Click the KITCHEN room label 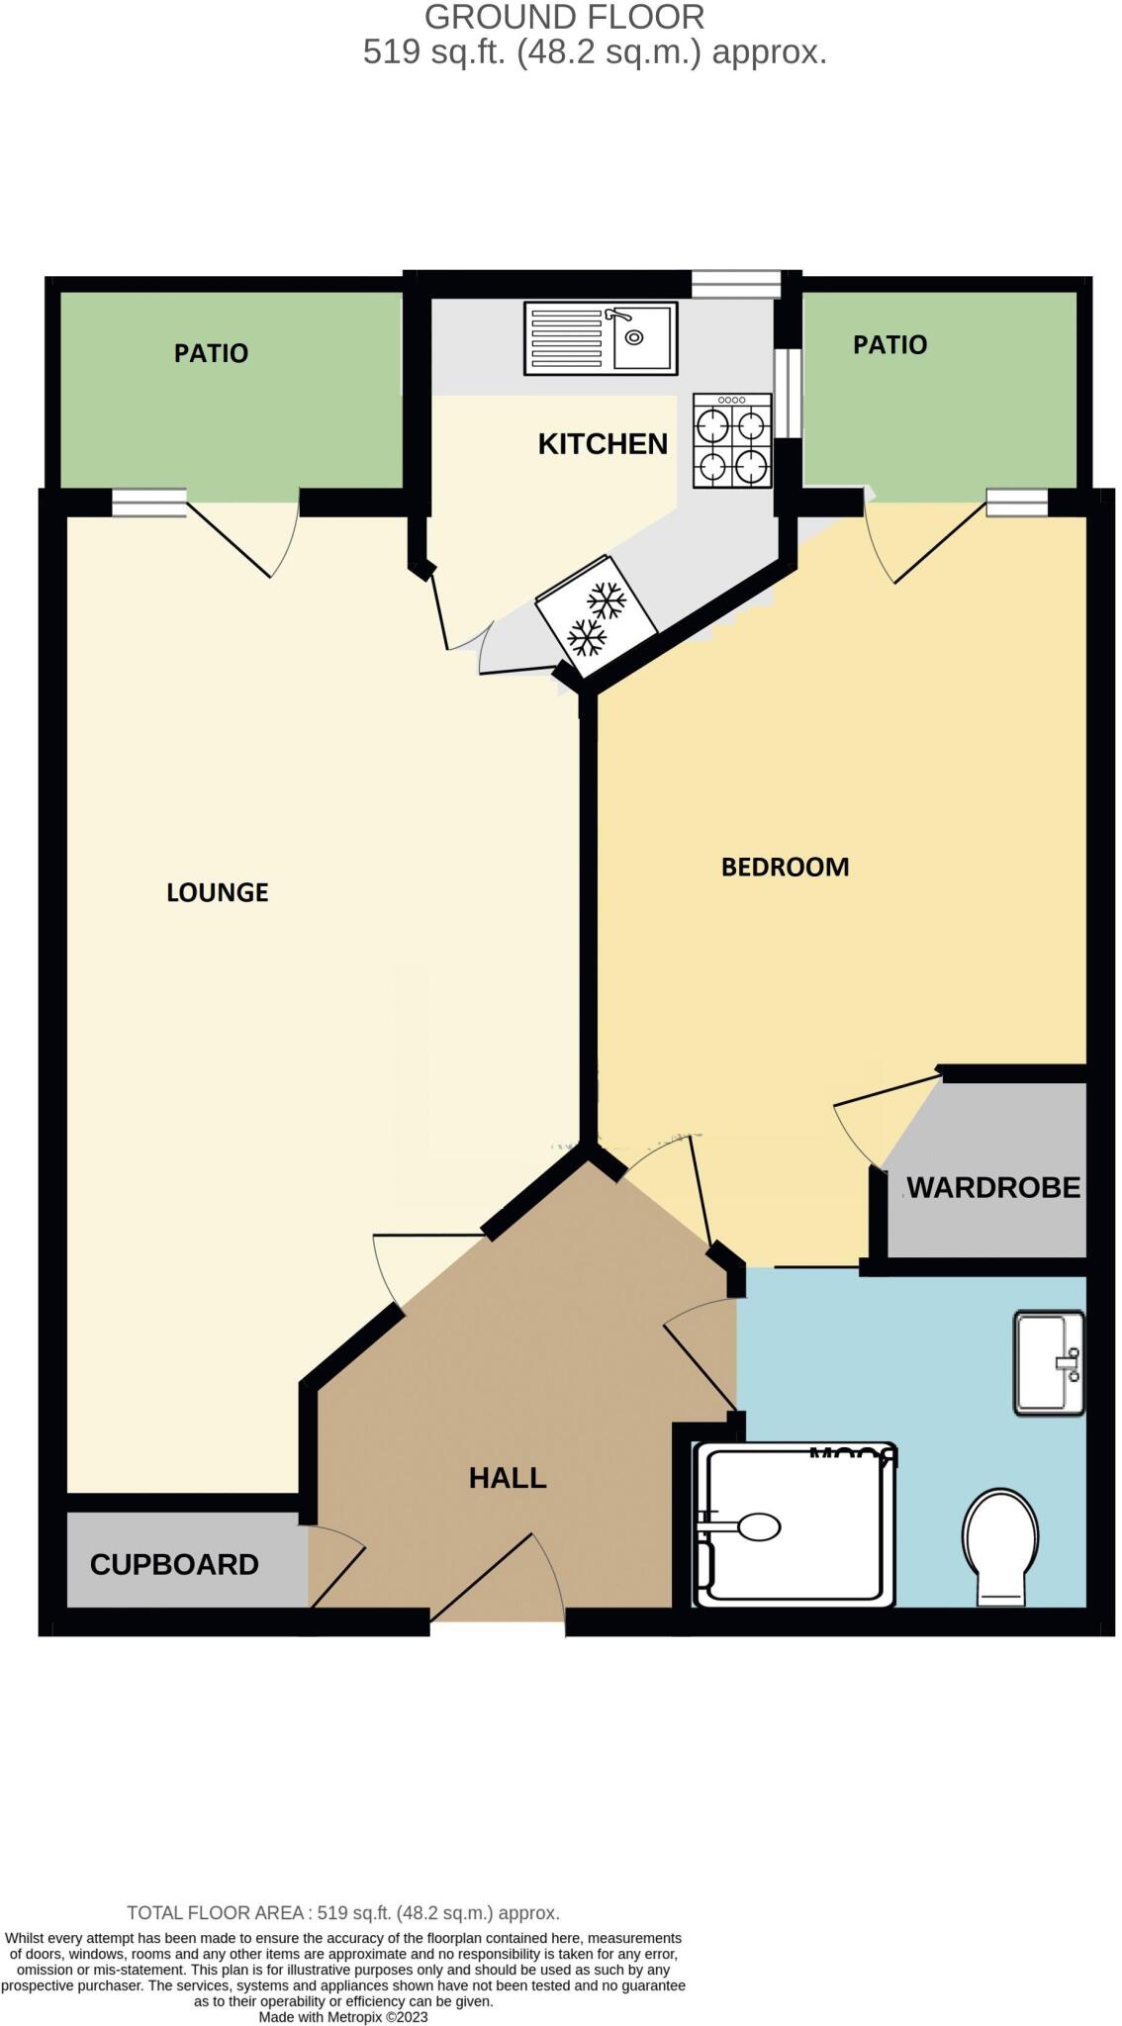pos(603,444)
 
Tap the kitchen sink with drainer pos(601,338)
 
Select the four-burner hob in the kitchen pos(732,441)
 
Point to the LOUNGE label pos(218,892)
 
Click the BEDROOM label pos(785,868)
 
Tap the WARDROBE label pos(992,1187)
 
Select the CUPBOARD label pos(174,1564)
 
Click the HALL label pos(508,1478)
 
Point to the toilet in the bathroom pos(1000,1546)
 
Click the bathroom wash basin pos(1049,1362)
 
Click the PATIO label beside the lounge pos(211,353)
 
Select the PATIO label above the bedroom pos(889,345)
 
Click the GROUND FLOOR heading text pos(564,17)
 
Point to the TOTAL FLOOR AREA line pos(343,1913)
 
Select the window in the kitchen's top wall pos(735,285)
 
